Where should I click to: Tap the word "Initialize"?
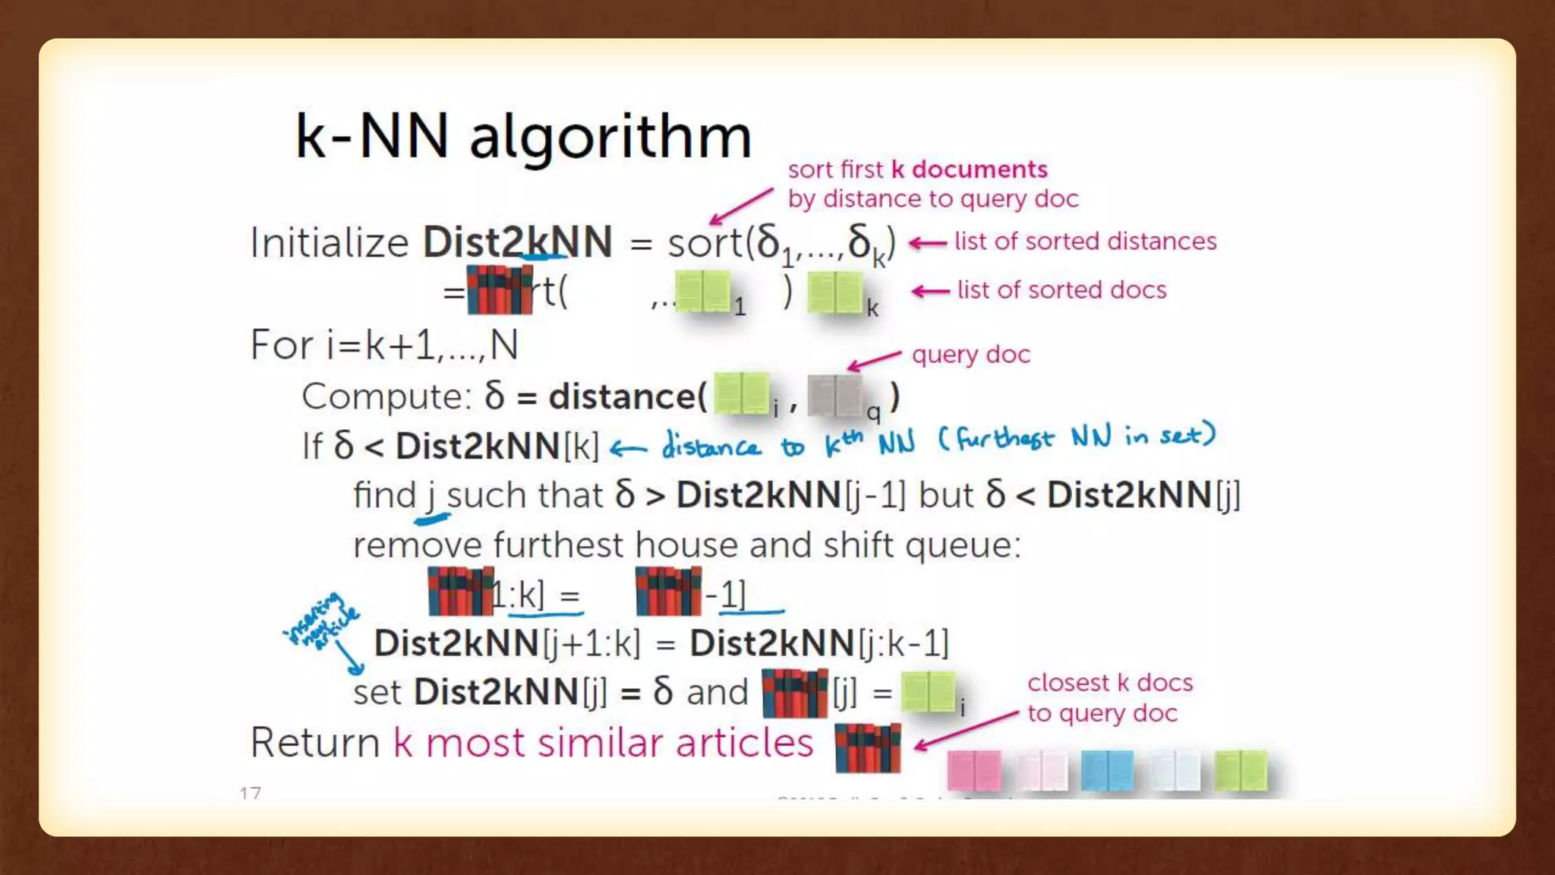click(330, 243)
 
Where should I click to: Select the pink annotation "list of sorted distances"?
click(1085, 242)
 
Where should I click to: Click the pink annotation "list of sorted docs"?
click(1061, 290)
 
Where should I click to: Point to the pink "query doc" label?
click(971, 355)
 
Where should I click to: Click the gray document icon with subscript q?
click(834, 395)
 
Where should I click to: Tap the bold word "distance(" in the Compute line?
click(627, 396)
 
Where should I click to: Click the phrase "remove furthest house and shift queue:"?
click(687, 545)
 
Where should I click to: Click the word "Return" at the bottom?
click(315, 742)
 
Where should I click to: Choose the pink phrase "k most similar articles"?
click(603, 742)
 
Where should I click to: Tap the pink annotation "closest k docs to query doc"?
click(1109, 698)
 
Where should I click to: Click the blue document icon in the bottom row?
click(1107, 770)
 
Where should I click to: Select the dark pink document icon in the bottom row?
click(974, 770)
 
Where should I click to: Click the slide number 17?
click(250, 793)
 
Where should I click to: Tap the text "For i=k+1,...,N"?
click(384, 345)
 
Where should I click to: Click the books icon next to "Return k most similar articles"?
click(867, 747)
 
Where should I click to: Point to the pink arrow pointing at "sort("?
click(741, 207)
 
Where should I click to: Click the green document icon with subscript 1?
click(702, 292)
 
